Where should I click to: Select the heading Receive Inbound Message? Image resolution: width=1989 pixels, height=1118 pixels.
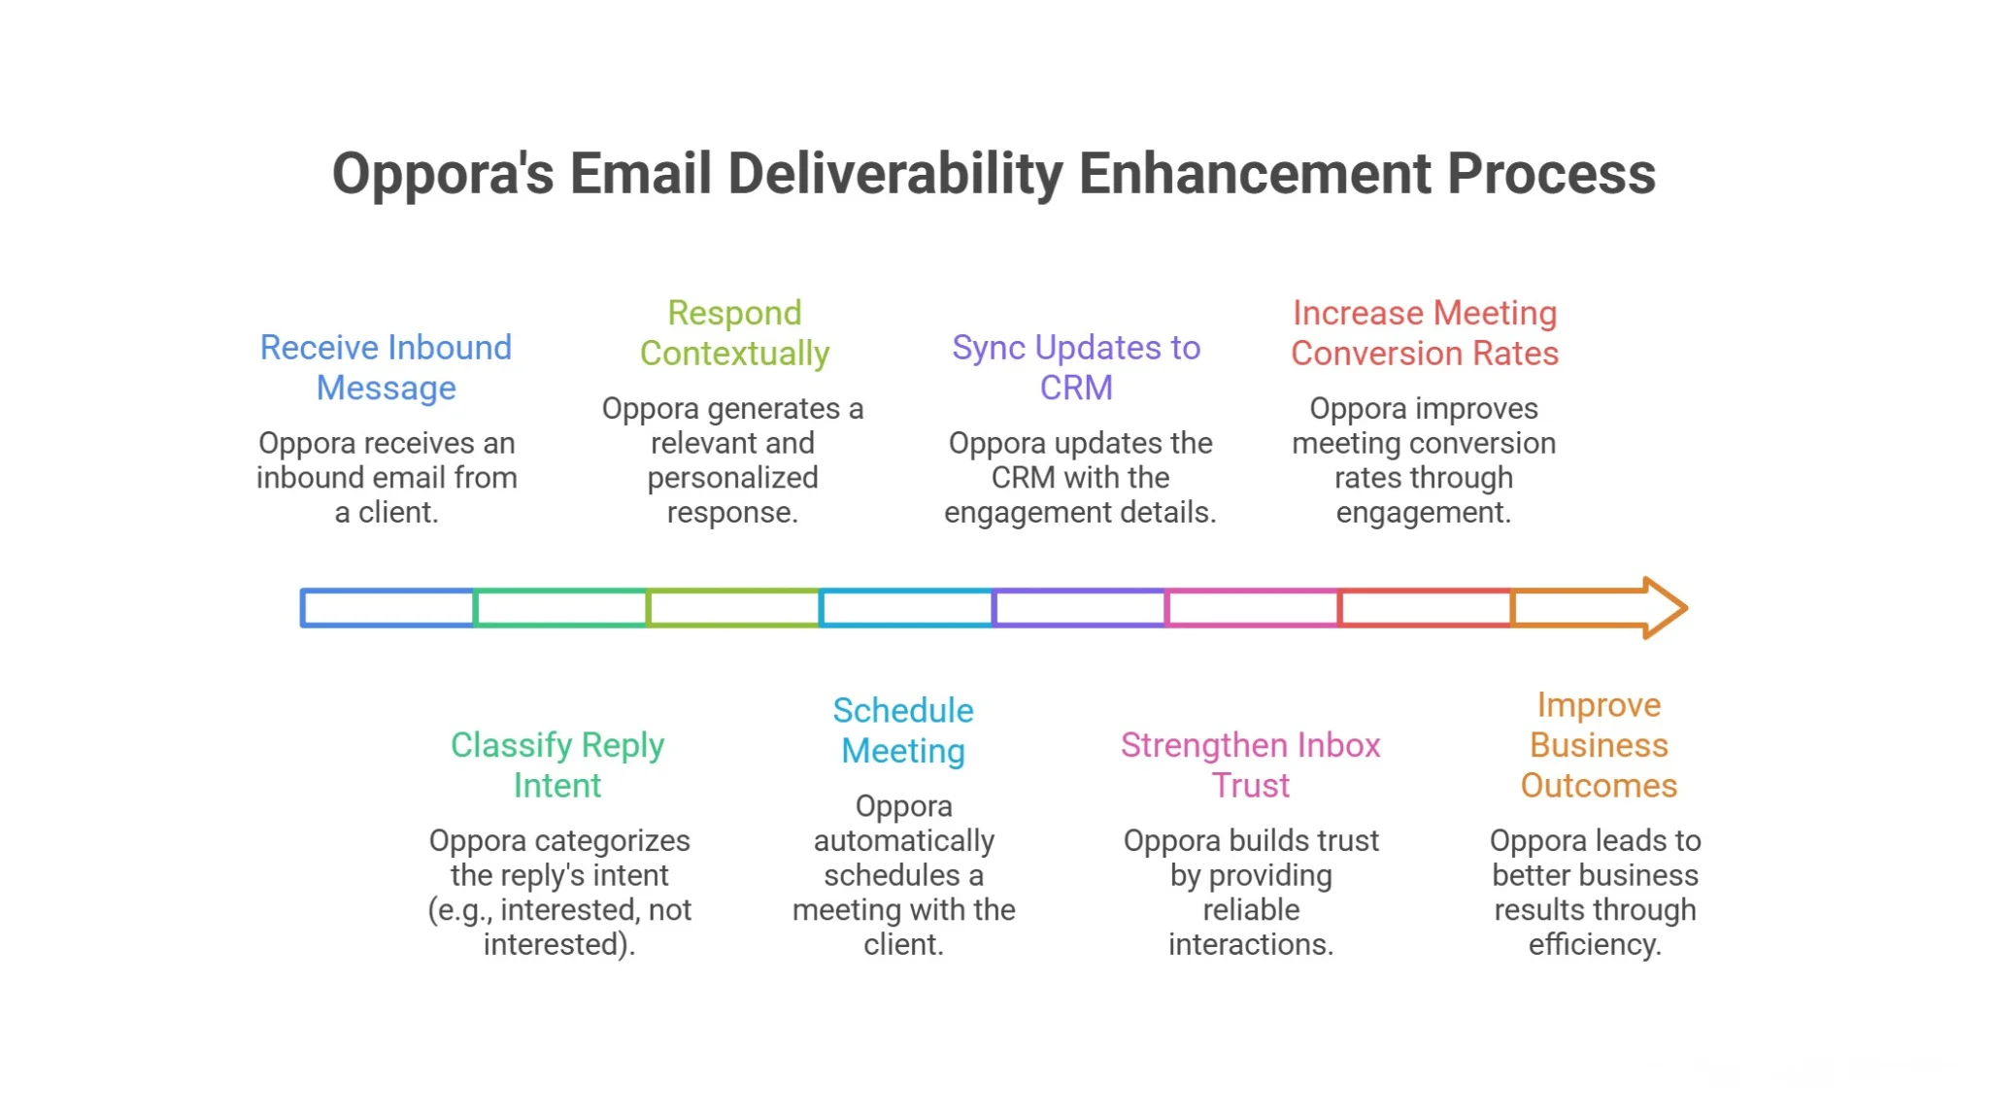pos(386,367)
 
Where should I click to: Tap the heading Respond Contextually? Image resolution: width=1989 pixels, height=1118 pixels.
pos(734,333)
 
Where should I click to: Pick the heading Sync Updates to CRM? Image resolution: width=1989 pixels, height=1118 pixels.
pos(1076,367)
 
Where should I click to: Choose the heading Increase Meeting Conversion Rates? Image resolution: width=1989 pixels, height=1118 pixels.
pos(1425,333)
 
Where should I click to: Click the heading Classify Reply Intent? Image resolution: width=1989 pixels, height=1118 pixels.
pos(557,764)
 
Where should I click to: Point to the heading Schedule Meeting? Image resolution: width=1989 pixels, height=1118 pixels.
pos(903,730)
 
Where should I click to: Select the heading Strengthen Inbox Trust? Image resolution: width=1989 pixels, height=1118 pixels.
pos(1251,764)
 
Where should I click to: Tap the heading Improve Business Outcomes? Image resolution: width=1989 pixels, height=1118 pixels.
pos(1599,745)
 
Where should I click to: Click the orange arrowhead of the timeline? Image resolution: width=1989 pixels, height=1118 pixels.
pos(1663,608)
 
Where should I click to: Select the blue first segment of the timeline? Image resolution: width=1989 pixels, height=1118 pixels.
pos(388,608)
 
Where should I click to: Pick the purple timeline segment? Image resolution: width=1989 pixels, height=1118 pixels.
pos(1080,608)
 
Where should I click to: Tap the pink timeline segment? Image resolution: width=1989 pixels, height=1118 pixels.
pos(1253,608)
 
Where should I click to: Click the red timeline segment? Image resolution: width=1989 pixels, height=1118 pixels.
pos(1426,608)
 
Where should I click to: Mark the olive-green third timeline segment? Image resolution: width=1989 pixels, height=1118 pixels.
pos(734,608)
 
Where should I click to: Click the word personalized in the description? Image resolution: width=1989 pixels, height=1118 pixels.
pos(732,478)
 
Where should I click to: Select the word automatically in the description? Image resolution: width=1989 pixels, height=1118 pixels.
pos(903,840)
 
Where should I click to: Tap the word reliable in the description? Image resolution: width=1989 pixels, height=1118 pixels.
pos(1251,909)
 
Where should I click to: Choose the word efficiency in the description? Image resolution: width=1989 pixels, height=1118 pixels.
pos(1594,944)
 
